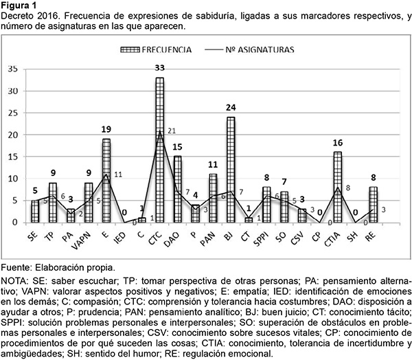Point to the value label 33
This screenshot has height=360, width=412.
click(159, 68)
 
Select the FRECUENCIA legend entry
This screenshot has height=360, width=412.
click(159, 50)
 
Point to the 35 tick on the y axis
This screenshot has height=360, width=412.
click(12, 69)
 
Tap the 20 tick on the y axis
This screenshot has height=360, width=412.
click(12, 135)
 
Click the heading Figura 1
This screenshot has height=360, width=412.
click(21, 6)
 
